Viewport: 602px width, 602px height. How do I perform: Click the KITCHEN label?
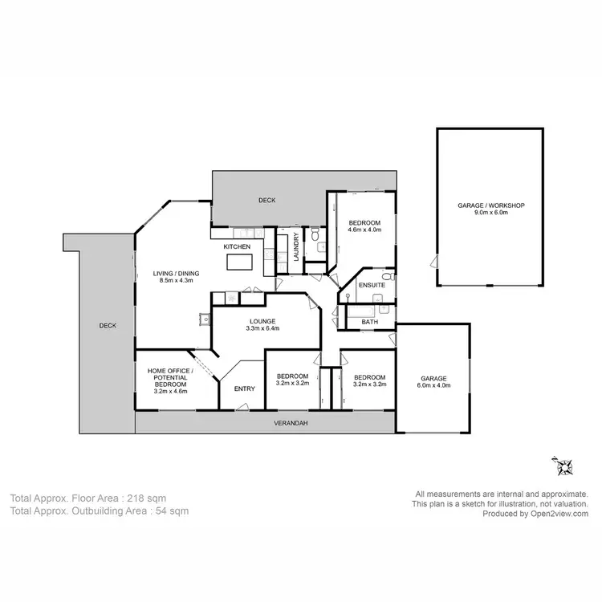click(x=237, y=246)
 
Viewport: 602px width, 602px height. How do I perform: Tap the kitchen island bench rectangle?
click(x=239, y=262)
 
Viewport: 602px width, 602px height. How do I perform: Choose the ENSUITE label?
click(x=371, y=286)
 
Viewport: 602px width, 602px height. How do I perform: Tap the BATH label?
click(x=369, y=322)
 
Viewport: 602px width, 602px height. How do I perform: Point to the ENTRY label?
click(x=244, y=389)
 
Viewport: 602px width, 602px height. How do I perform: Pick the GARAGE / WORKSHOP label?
click(x=490, y=205)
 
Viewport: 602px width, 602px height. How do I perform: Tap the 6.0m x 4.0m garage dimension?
click(x=433, y=385)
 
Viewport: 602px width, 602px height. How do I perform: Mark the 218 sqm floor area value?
click(x=150, y=498)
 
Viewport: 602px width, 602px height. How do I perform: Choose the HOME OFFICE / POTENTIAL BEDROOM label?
click(x=169, y=380)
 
